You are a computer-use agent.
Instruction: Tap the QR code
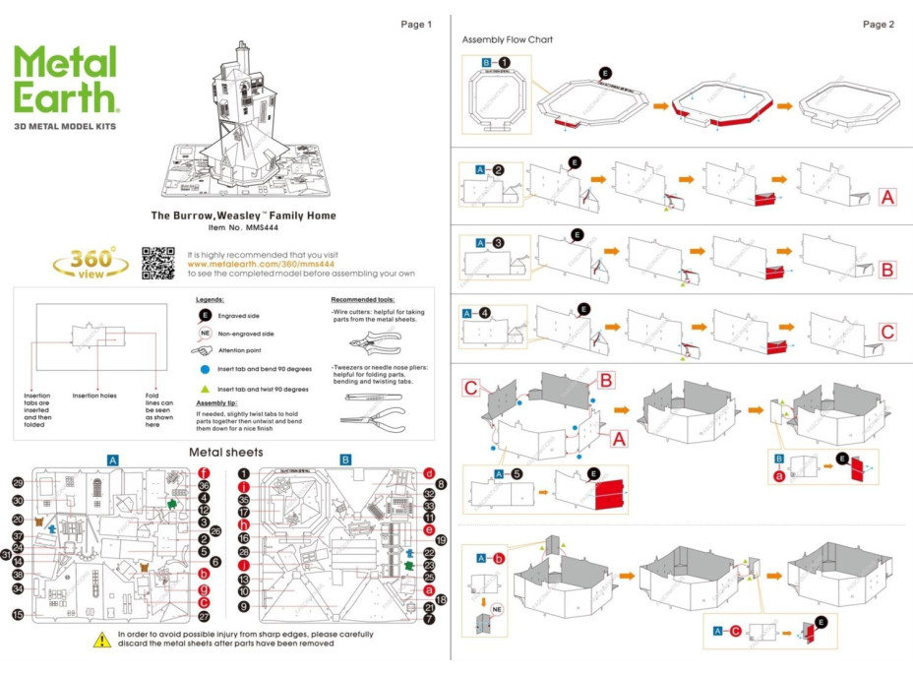click(x=159, y=262)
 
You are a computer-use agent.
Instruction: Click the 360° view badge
click(x=91, y=263)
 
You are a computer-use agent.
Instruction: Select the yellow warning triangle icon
click(x=101, y=640)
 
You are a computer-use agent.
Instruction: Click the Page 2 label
click(x=878, y=24)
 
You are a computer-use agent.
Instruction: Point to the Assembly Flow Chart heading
click(x=507, y=40)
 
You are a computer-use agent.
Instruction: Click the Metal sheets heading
click(x=225, y=452)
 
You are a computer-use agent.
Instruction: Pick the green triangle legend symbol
click(x=204, y=389)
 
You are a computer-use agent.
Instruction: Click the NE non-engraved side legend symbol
click(x=206, y=334)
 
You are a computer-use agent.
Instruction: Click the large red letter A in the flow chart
click(x=887, y=198)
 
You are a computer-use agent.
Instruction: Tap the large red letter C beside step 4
click(x=887, y=332)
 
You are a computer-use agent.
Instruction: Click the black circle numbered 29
click(x=18, y=483)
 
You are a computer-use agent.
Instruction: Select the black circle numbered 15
click(x=18, y=614)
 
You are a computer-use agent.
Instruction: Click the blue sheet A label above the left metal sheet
click(x=113, y=460)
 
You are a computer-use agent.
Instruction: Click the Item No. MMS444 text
click(x=243, y=227)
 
